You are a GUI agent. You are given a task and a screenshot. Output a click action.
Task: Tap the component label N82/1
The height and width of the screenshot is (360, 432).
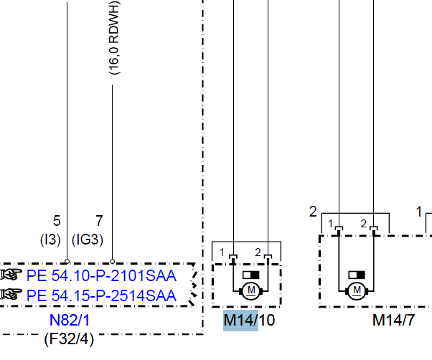(x=70, y=320)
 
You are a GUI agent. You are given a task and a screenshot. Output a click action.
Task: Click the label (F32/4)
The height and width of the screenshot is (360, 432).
(x=69, y=338)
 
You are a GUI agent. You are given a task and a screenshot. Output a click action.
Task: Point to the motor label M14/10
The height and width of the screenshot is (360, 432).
(x=249, y=320)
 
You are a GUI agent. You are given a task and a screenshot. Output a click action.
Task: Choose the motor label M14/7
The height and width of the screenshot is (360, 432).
(x=393, y=321)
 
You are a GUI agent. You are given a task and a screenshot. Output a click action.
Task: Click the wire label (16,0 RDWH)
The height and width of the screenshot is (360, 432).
(x=114, y=39)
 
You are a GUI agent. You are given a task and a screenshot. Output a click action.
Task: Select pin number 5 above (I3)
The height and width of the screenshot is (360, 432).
(x=57, y=221)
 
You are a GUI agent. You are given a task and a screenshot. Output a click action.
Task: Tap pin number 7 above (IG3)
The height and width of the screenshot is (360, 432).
(x=100, y=221)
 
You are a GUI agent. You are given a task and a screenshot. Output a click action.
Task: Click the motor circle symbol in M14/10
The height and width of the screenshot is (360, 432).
(x=250, y=290)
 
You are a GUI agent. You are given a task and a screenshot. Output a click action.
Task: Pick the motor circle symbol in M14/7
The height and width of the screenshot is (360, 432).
(x=356, y=290)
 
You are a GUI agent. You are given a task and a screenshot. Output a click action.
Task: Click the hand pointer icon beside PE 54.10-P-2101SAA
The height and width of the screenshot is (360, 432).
(x=11, y=275)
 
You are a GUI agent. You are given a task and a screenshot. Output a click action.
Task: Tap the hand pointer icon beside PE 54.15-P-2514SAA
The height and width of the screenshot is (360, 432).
(x=11, y=294)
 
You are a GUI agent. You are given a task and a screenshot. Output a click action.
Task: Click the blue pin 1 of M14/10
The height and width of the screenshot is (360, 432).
(x=222, y=252)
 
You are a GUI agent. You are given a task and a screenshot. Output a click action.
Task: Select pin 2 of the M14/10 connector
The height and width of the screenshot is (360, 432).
(x=258, y=252)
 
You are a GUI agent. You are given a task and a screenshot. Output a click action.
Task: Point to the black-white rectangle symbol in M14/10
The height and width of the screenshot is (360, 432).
(x=251, y=274)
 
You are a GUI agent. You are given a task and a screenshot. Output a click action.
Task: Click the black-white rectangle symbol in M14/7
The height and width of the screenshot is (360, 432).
(x=357, y=274)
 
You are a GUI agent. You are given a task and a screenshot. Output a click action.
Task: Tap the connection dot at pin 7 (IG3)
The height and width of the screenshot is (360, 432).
(x=113, y=262)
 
